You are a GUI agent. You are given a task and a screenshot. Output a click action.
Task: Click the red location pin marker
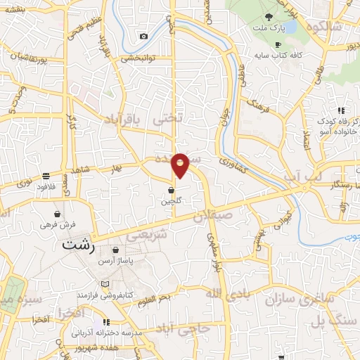(181, 165)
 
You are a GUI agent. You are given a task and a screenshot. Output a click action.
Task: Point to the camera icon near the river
(144, 36)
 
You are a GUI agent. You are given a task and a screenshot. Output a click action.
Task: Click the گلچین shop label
(172, 201)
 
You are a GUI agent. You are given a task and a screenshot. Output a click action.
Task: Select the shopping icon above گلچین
(172, 190)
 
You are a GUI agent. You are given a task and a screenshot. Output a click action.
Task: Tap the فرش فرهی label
(57, 225)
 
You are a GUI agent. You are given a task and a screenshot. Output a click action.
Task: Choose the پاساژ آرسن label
(115, 261)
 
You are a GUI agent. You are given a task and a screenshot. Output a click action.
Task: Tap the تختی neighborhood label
(172, 120)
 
